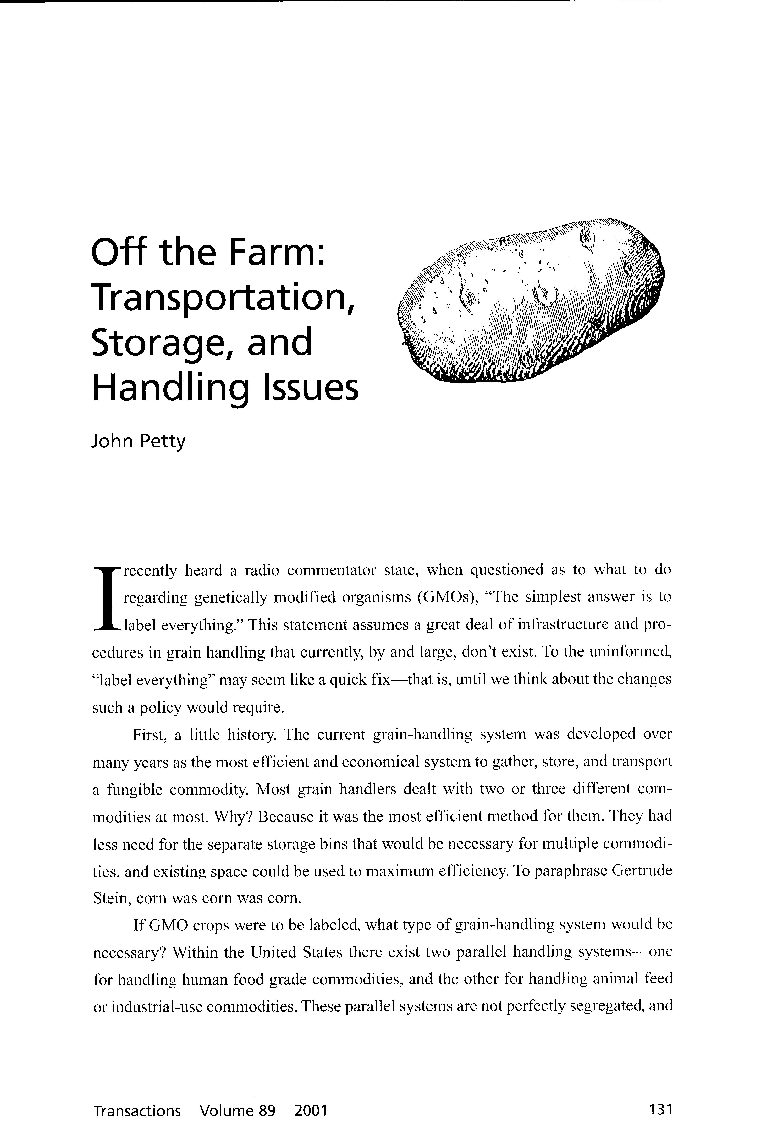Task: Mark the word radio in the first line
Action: tap(258, 570)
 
